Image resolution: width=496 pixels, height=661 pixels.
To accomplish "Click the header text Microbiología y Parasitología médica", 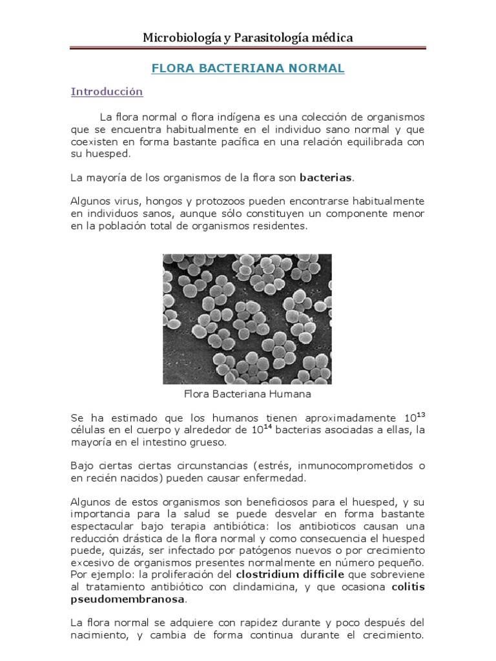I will (x=247, y=38).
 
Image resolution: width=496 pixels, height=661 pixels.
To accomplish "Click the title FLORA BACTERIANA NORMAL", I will (x=247, y=68).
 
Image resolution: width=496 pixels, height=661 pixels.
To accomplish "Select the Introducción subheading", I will (x=107, y=92).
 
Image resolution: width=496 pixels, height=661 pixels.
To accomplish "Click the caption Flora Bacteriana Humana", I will (x=247, y=393).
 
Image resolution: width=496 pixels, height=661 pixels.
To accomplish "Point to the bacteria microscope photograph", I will (x=247, y=319).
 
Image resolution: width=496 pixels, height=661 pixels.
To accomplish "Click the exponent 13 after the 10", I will (x=420, y=413).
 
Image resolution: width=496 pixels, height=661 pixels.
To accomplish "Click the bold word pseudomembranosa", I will (x=127, y=600).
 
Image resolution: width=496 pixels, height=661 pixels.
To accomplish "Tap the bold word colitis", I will (x=408, y=587).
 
